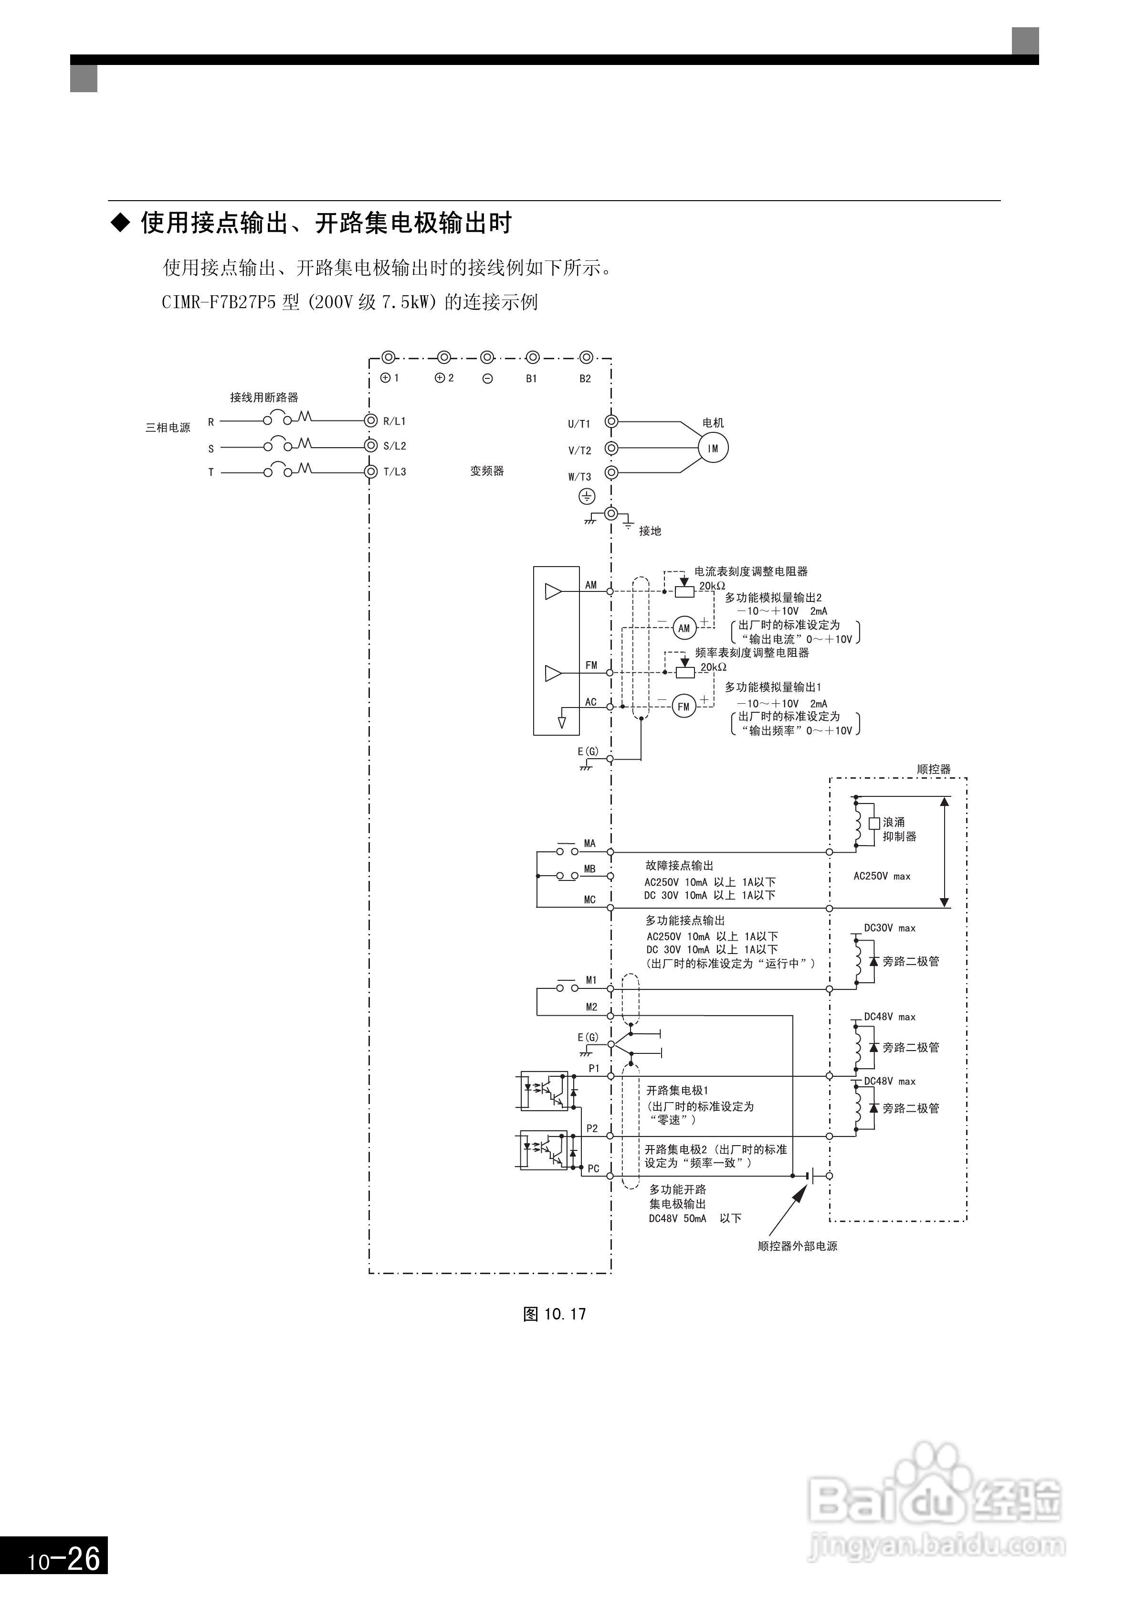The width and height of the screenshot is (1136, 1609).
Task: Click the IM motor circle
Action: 713,449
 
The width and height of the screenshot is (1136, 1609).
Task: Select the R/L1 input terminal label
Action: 394,421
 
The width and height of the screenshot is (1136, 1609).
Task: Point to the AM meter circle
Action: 684,629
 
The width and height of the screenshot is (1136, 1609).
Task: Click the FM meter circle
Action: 684,707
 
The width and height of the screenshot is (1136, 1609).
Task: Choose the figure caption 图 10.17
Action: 555,1314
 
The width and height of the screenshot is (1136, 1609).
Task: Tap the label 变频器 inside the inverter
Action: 487,471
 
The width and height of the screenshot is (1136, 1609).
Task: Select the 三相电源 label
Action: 168,428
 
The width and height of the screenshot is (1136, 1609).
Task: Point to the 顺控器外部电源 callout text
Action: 798,1246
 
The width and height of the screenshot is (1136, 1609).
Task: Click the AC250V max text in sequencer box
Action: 882,876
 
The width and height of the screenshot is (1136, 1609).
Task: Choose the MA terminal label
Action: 589,844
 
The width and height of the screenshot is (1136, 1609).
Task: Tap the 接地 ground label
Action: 650,531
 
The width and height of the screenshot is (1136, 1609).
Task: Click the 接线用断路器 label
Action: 264,397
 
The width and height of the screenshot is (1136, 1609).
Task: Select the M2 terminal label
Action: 592,1007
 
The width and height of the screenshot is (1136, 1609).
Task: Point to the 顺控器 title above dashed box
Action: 934,770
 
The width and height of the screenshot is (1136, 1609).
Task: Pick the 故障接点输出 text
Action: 679,866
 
